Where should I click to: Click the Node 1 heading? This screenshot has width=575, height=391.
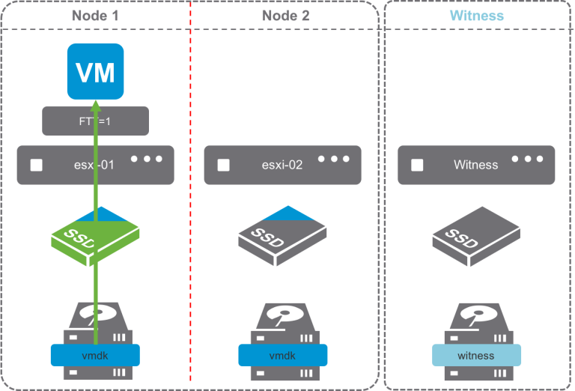point(95,15)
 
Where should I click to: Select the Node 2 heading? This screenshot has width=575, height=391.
point(285,15)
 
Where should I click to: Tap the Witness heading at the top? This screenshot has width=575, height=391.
point(476,15)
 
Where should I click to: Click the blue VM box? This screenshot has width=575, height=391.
point(95,72)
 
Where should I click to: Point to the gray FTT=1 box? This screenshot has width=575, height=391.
point(95,121)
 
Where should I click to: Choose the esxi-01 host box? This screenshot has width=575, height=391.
point(95,165)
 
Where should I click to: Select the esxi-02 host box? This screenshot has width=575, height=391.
point(282,165)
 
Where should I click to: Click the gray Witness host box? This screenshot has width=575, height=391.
point(475,165)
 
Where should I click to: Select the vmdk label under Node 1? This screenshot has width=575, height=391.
point(95,355)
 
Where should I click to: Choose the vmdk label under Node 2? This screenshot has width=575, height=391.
point(283,355)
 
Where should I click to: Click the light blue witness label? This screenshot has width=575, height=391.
point(476,355)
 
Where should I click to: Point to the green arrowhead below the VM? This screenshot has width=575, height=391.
point(95,106)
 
